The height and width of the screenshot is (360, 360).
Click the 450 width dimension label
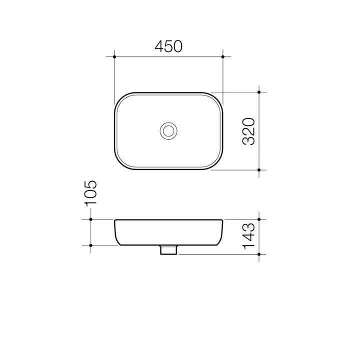[168, 46]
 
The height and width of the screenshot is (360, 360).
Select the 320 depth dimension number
[248, 131]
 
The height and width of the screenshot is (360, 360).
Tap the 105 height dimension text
[90, 193]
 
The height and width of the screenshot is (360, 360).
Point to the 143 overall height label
[248, 236]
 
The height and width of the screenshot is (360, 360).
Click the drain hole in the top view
[168, 131]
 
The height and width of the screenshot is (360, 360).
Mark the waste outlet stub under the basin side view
[168, 250]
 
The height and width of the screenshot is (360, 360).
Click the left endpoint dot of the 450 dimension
[114, 56]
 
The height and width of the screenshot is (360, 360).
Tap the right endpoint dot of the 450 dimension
[222, 56]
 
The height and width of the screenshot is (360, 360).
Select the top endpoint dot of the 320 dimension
[259, 92]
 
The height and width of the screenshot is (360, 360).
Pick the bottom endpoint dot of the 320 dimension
[259, 170]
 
